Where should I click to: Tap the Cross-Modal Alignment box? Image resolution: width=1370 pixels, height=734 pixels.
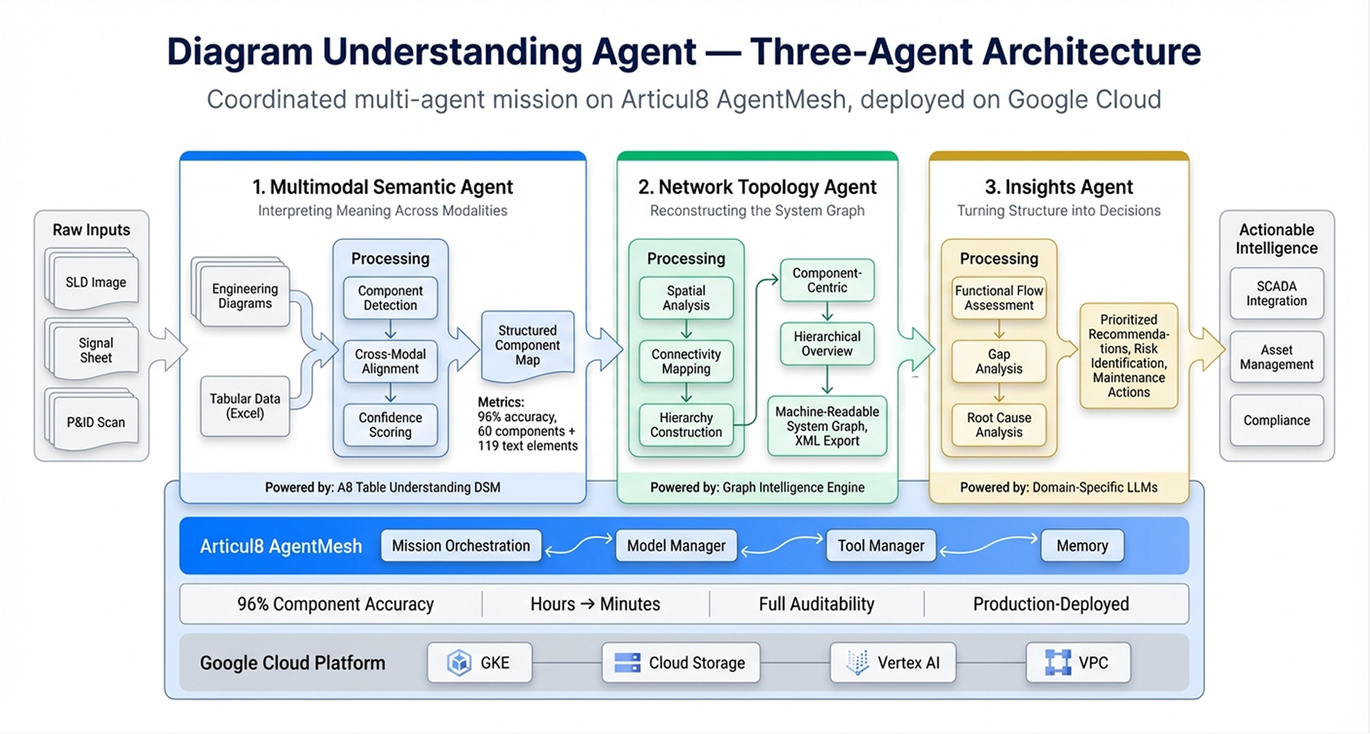(390, 361)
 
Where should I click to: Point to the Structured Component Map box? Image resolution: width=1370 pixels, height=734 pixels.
(527, 346)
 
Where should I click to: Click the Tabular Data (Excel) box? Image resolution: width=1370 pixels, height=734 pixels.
(245, 406)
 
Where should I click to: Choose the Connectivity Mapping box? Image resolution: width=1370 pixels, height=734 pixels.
(686, 361)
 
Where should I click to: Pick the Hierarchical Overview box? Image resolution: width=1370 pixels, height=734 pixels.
(827, 344)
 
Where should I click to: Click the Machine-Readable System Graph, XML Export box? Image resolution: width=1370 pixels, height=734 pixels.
(827, 426)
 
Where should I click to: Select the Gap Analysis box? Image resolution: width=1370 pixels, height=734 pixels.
(999, 361)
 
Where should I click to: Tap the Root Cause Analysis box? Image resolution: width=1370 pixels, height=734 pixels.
(999, 425)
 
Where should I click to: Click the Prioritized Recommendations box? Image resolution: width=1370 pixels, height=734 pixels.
(1129, 356)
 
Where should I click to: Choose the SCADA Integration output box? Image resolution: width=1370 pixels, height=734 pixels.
(1276, 293)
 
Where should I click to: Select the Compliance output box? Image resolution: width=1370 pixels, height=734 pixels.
(1276, 421)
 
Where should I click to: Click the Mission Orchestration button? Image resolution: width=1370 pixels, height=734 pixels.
(461, 546)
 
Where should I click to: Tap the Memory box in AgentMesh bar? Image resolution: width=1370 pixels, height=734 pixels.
(1082, 546)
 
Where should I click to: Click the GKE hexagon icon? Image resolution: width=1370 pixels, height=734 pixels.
(459, 663)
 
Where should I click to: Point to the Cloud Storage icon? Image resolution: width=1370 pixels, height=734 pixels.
(627, 663)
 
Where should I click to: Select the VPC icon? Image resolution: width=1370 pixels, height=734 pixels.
(1058, 663)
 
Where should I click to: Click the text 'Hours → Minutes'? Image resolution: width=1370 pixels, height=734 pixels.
(595, 604)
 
